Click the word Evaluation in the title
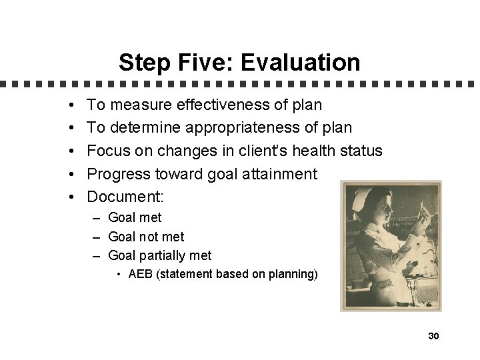[304, 63]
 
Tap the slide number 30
[433, 336]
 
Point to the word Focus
[109, 151]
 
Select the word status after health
[360, 151]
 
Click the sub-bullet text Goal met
[135, 217]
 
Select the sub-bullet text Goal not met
[146, 237]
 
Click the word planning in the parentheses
[291, 273]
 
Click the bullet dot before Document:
[70, 197]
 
